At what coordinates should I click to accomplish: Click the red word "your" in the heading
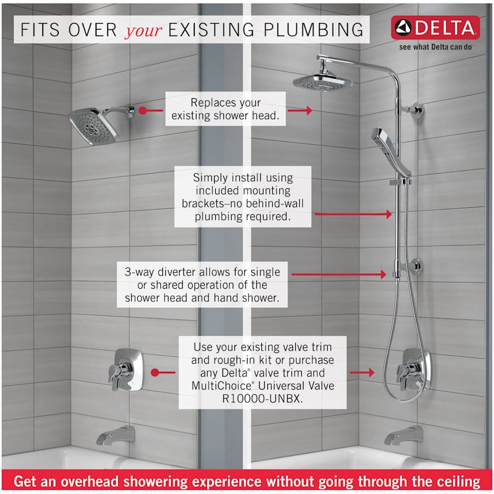point(144,31)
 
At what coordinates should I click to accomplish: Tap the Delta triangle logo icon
point(403,28)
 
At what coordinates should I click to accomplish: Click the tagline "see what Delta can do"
point(436,47)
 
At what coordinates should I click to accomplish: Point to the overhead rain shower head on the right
point(323,81)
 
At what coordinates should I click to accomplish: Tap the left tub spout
point(116,435)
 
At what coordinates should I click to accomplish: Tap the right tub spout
point(403,435)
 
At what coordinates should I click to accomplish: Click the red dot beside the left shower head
point(143,110)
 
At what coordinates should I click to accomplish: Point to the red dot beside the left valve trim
point(155,373)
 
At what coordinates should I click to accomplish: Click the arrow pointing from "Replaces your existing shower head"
point(300,110)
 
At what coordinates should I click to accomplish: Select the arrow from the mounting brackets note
point(353,214)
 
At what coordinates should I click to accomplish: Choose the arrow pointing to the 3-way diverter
point(339,274)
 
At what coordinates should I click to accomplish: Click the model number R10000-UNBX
point(262,398)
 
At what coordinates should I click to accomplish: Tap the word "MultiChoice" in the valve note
point(222,386)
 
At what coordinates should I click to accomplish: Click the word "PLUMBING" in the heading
point(313,30)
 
